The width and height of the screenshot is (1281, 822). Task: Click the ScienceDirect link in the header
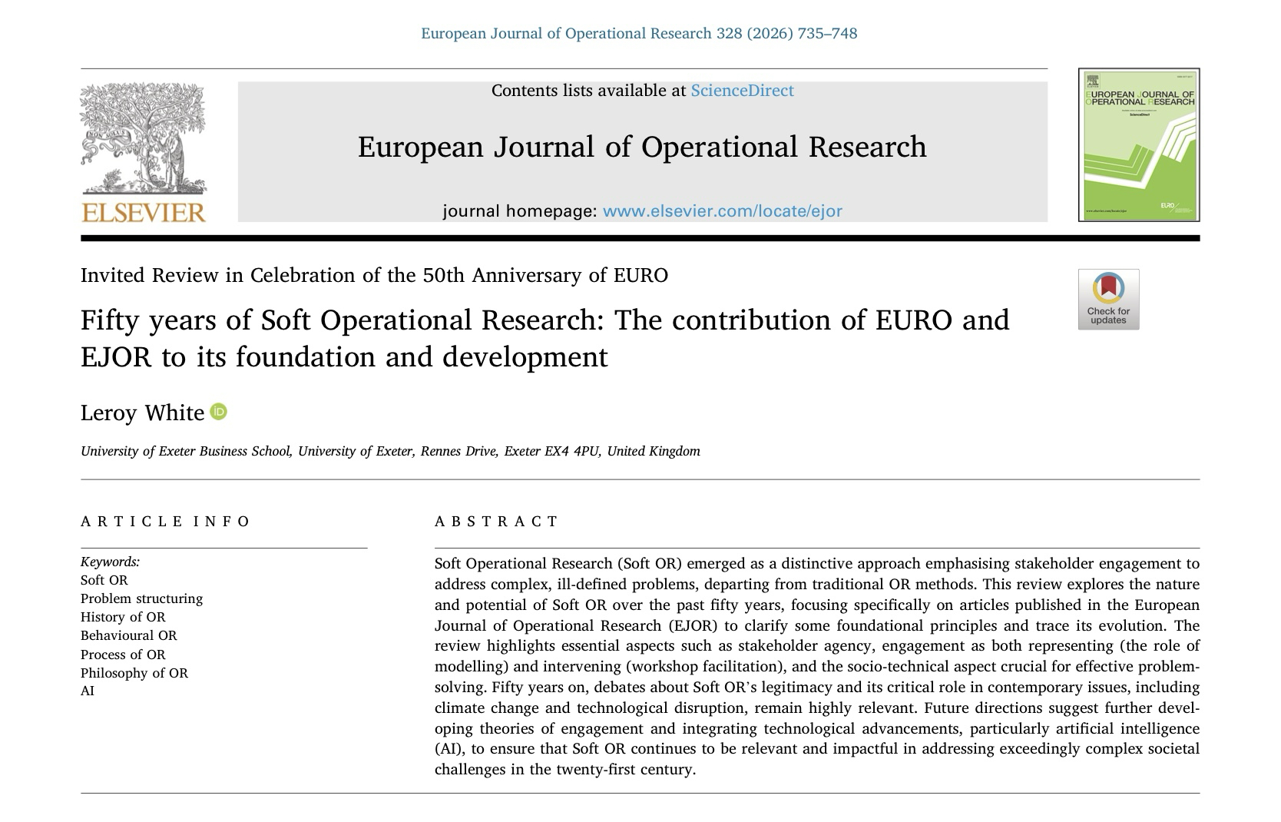tap(742, 91)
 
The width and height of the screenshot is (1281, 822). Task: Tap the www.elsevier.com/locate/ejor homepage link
tap(722, 211)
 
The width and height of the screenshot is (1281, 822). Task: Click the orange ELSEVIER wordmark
tap(144, 212)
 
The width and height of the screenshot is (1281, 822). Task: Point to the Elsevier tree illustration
tap(143, 138)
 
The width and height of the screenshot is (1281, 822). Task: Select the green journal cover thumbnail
tap(1139, 144)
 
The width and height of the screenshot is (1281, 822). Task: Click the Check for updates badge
tap(1108, 300)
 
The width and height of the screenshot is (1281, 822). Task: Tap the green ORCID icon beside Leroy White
tap(219, 412)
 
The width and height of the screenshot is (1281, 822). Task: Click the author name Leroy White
tap(142, 413)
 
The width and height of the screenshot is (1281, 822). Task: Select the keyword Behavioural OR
tap(128, 635)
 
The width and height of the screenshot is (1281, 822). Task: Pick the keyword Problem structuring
tap(141, 598)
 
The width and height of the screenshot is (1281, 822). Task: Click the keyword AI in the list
tap(88, 691)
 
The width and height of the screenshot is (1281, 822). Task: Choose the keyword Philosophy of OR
tap(134, 673)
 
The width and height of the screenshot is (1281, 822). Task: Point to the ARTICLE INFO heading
tap(165, 522)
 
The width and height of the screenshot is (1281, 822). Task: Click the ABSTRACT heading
tap(497, 522)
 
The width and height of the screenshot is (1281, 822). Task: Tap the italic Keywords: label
tap(110, 562)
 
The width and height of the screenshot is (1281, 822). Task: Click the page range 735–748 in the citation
tap(827, 34)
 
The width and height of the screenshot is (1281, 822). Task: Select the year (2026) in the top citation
tap(770, 34)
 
